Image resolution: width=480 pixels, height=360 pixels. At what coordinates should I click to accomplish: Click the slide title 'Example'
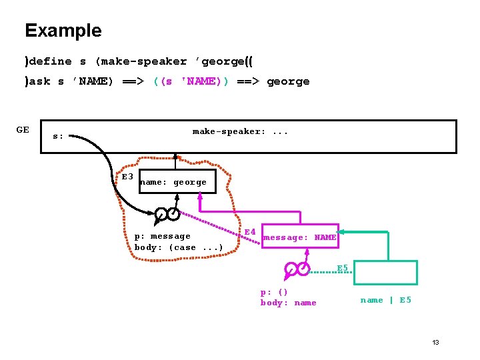pyautogui.click(x=63, y=31)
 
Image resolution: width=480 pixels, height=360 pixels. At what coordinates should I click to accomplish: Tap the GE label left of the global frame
pyautogui.click(x=23, y=130)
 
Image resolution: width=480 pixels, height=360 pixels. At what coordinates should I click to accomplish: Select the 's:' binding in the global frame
pyautogui.click(x=58, y=136)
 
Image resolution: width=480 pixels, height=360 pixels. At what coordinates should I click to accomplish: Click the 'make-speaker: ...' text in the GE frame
pyautogui.click(x=240, y=131)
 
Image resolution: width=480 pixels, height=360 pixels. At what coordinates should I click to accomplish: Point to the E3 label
pyautogui.click(x=127, y=177)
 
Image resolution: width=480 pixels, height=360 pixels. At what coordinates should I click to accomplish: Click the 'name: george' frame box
pyautogui.click(x=177, y=181)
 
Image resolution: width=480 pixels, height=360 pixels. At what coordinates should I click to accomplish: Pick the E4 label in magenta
pyautogui.click(x=250, y=232)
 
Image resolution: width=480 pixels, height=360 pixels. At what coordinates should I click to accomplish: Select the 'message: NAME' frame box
pyautogui.click(x=300, y=237)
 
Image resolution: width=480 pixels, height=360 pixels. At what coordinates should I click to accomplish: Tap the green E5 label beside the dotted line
pyautogui.click(x=343, y=268)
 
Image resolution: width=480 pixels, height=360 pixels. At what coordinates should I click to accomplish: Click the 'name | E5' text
pyautogui.click(x=385, y=300)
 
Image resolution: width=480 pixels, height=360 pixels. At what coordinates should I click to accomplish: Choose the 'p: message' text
pyautogui.click(x=162, y=236)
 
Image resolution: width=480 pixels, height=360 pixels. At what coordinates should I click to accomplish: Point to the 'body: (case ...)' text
pyautogui.click(x=178, y=247)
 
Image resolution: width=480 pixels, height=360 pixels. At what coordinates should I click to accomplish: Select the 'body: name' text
pyautogui.click(x=288, y=303)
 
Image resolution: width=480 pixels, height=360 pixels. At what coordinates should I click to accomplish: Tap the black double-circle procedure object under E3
pyautogui.click(x=167, y=214)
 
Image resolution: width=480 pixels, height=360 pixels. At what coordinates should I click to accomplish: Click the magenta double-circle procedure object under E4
pyautogui.click(x=296, y=269)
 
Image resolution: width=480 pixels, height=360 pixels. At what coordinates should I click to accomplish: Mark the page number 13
pyautogui.click(x=435, y=342)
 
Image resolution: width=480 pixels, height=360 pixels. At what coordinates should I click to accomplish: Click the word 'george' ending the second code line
pyautogui.click(x=288, y=81)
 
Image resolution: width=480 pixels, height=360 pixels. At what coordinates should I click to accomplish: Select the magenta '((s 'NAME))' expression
pyautogui.click(x=191, y=81)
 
